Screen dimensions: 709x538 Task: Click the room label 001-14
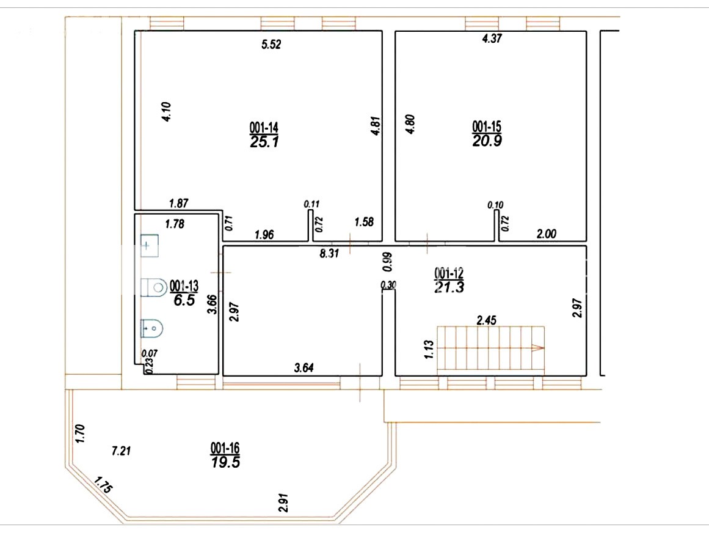point(264,127)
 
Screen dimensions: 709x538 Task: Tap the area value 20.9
point(487,141)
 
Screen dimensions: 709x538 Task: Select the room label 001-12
point(449,273)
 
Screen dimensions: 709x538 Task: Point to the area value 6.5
point(184,300)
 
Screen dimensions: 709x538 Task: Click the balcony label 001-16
point(225,448)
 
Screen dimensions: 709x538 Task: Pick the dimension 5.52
point(271,44)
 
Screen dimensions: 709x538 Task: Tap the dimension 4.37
point(492,38)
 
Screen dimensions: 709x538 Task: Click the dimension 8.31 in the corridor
point(329,253)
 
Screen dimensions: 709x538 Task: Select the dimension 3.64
point(304,367)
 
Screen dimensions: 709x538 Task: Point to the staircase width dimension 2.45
point(487,320)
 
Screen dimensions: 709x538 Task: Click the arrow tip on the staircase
point(543,348)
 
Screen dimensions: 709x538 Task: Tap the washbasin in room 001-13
point(149,245)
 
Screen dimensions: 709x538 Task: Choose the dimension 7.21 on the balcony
point(121,451)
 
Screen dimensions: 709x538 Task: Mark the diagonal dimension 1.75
point(103,485)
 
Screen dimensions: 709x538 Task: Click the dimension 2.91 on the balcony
point(283,503)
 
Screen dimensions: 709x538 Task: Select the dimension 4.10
point(166,111)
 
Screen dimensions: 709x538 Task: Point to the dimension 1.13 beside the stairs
point(429,349)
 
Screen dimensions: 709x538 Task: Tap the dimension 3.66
point(212,304)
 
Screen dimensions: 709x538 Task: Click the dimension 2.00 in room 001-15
point(546,234)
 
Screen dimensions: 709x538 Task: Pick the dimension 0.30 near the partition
point(388,285)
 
